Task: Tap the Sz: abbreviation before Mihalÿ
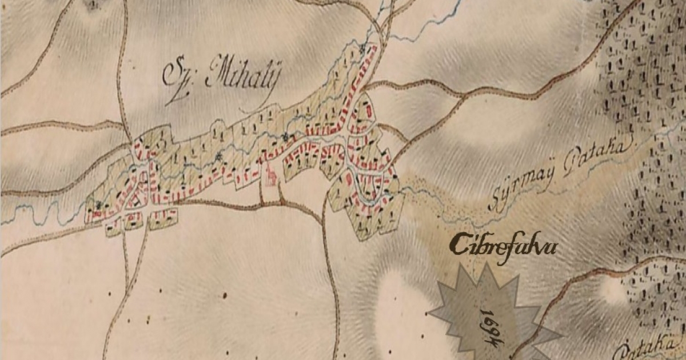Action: pos(178,78)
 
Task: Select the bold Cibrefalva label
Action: pos(502,246)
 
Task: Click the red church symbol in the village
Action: pos(269,175)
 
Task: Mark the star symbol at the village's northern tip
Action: pos(361,50)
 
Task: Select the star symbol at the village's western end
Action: pos(101,205)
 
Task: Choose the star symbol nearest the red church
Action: pos(284,137)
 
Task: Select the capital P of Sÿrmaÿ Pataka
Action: pos(569,166)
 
